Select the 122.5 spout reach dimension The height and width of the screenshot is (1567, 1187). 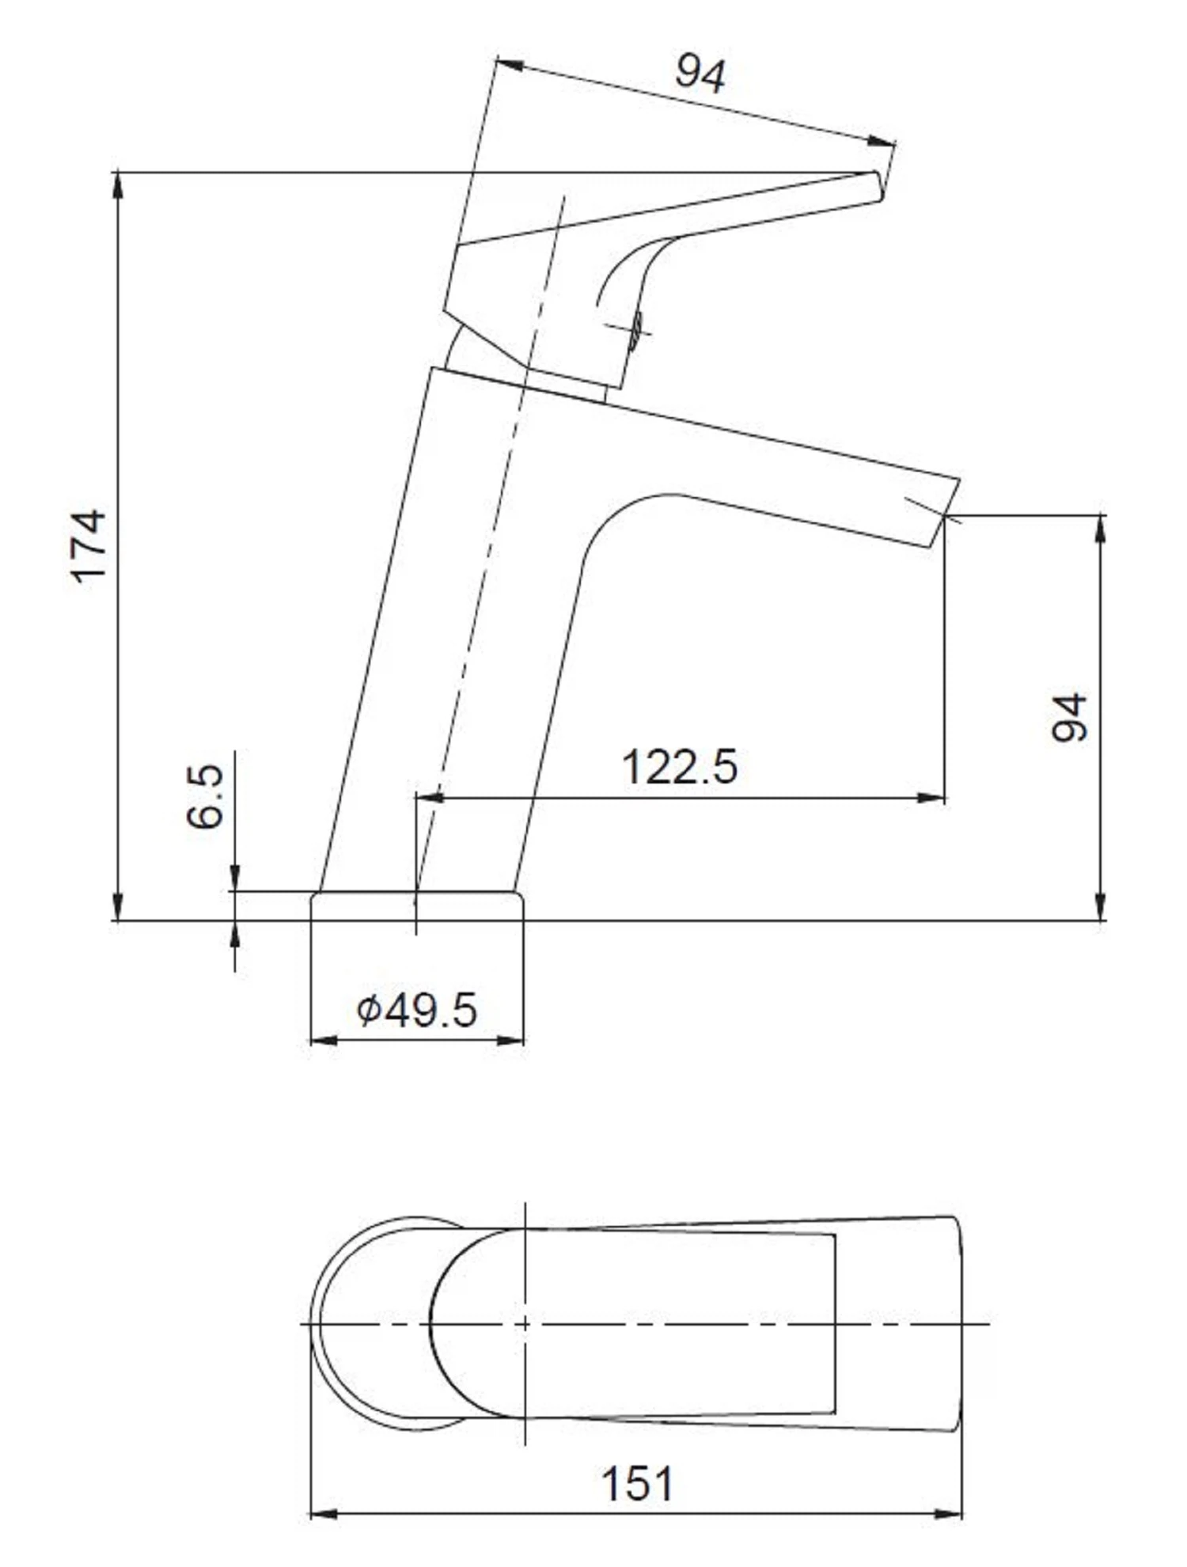680,767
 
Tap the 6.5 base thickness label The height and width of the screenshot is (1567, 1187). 206,796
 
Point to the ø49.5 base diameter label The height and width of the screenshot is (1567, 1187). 417,1010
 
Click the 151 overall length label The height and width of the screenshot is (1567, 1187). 637,1485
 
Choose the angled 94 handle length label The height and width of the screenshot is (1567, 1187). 700,74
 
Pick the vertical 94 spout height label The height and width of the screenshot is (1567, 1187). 1069,718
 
